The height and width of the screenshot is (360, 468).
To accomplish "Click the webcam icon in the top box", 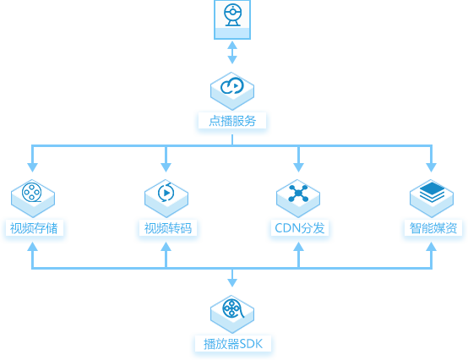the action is coord(232,15).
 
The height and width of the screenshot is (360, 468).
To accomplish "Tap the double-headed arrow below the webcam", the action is coord(232,52).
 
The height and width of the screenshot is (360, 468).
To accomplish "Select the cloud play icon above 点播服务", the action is coord(232,86).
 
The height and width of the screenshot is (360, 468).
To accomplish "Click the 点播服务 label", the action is coord(232,121).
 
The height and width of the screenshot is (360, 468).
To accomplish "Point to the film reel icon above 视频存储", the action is coord(31,193).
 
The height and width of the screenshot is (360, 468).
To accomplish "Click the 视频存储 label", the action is coord(34,228).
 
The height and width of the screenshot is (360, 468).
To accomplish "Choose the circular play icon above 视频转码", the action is coord(166,193).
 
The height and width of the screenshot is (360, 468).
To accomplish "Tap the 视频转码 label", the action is coord(168,228).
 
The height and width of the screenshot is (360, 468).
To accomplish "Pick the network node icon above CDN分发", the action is coord(298,194).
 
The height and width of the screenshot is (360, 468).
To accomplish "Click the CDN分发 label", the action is coord(300,228).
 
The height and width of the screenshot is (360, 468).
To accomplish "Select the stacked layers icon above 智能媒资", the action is coord(432,193).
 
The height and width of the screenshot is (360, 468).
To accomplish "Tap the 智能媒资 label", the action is coord(433,228).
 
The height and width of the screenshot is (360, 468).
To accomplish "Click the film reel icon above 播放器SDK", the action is coord(233,308).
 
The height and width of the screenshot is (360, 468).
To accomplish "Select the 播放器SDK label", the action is coord(233,344).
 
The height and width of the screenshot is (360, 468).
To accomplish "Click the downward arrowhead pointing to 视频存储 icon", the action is coord(32,167).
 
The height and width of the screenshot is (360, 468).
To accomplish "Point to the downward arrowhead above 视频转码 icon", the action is coord(166,167).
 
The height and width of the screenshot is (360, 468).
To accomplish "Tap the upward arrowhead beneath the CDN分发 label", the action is coord(298,246).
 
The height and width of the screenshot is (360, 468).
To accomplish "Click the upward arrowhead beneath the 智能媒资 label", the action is coord(432,246).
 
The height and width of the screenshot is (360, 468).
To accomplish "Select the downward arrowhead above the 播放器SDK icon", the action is coord(232,282).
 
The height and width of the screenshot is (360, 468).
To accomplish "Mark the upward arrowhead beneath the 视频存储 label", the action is coord(32,246).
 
